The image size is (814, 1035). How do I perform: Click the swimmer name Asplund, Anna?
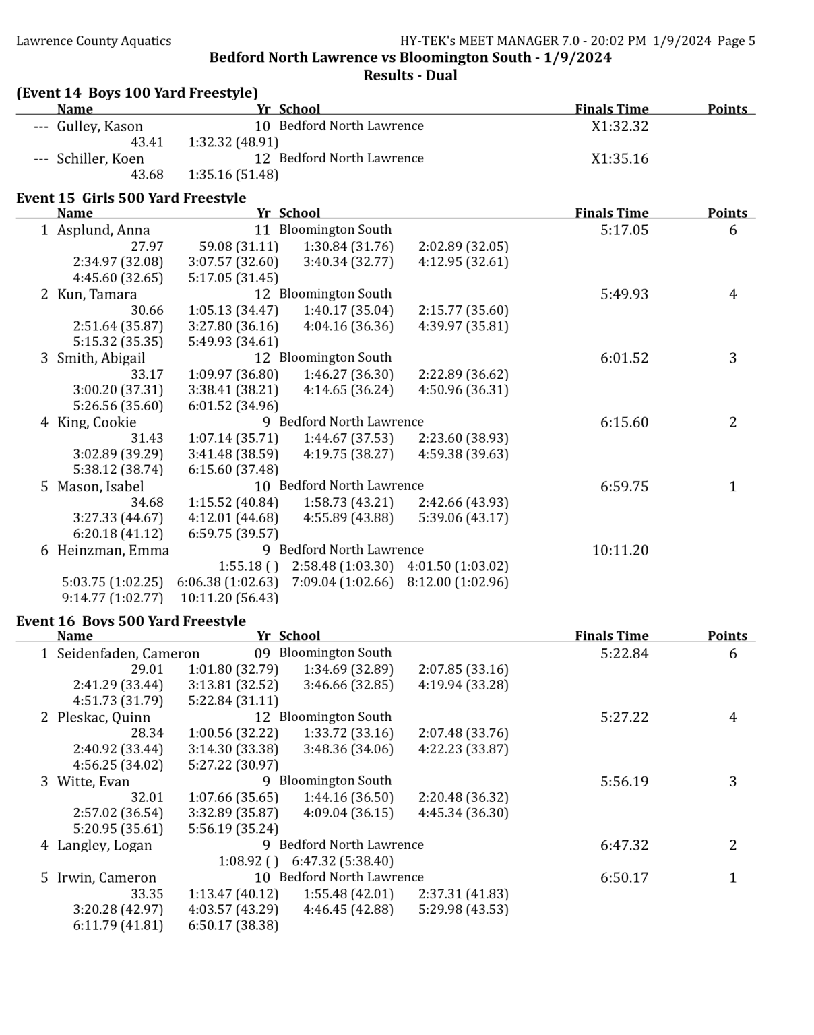point(103,230)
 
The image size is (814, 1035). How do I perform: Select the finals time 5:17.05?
point(624,230)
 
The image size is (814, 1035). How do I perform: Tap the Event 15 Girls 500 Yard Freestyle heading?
point(131,197)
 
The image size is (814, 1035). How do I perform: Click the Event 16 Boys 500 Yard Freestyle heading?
point(131,621)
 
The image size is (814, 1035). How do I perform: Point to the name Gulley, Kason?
point(100,126)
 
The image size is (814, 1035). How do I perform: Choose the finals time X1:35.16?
point(620,159)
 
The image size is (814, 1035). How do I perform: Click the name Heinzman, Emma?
point(113,551)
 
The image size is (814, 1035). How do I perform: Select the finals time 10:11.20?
point(620,551)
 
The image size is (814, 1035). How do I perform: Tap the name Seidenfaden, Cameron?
point(128,654)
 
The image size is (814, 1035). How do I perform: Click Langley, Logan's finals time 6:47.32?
point(624,846)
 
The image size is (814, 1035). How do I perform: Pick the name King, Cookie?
point(96,422)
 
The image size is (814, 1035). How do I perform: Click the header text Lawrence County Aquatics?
point(94,41)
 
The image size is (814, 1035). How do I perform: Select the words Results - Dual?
point(410,75)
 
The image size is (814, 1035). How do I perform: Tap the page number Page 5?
point(736,41)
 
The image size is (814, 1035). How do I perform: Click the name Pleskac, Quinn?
point(103,718)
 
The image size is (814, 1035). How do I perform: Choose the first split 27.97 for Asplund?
point(147,247)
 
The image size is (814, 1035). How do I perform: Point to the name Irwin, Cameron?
point(106,878)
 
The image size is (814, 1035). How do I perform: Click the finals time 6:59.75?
point(624,487)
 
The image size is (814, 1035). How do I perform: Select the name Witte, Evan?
point(93,782)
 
